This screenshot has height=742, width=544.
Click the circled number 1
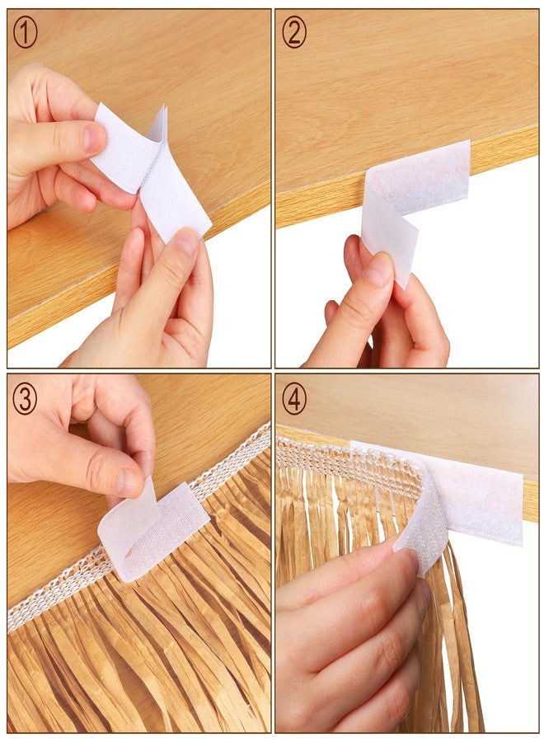click(x=25, y=33)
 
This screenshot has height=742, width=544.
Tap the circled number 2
click(x=294, y=33)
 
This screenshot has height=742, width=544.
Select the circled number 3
click(x=25, y=399)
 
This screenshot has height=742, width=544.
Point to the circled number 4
click(x=294, y=399)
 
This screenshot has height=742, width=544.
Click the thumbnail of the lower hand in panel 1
click(x=185, y=241)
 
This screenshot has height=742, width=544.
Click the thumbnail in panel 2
click(x=378, y=269)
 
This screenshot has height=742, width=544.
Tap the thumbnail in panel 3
click(x=128, y=481)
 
